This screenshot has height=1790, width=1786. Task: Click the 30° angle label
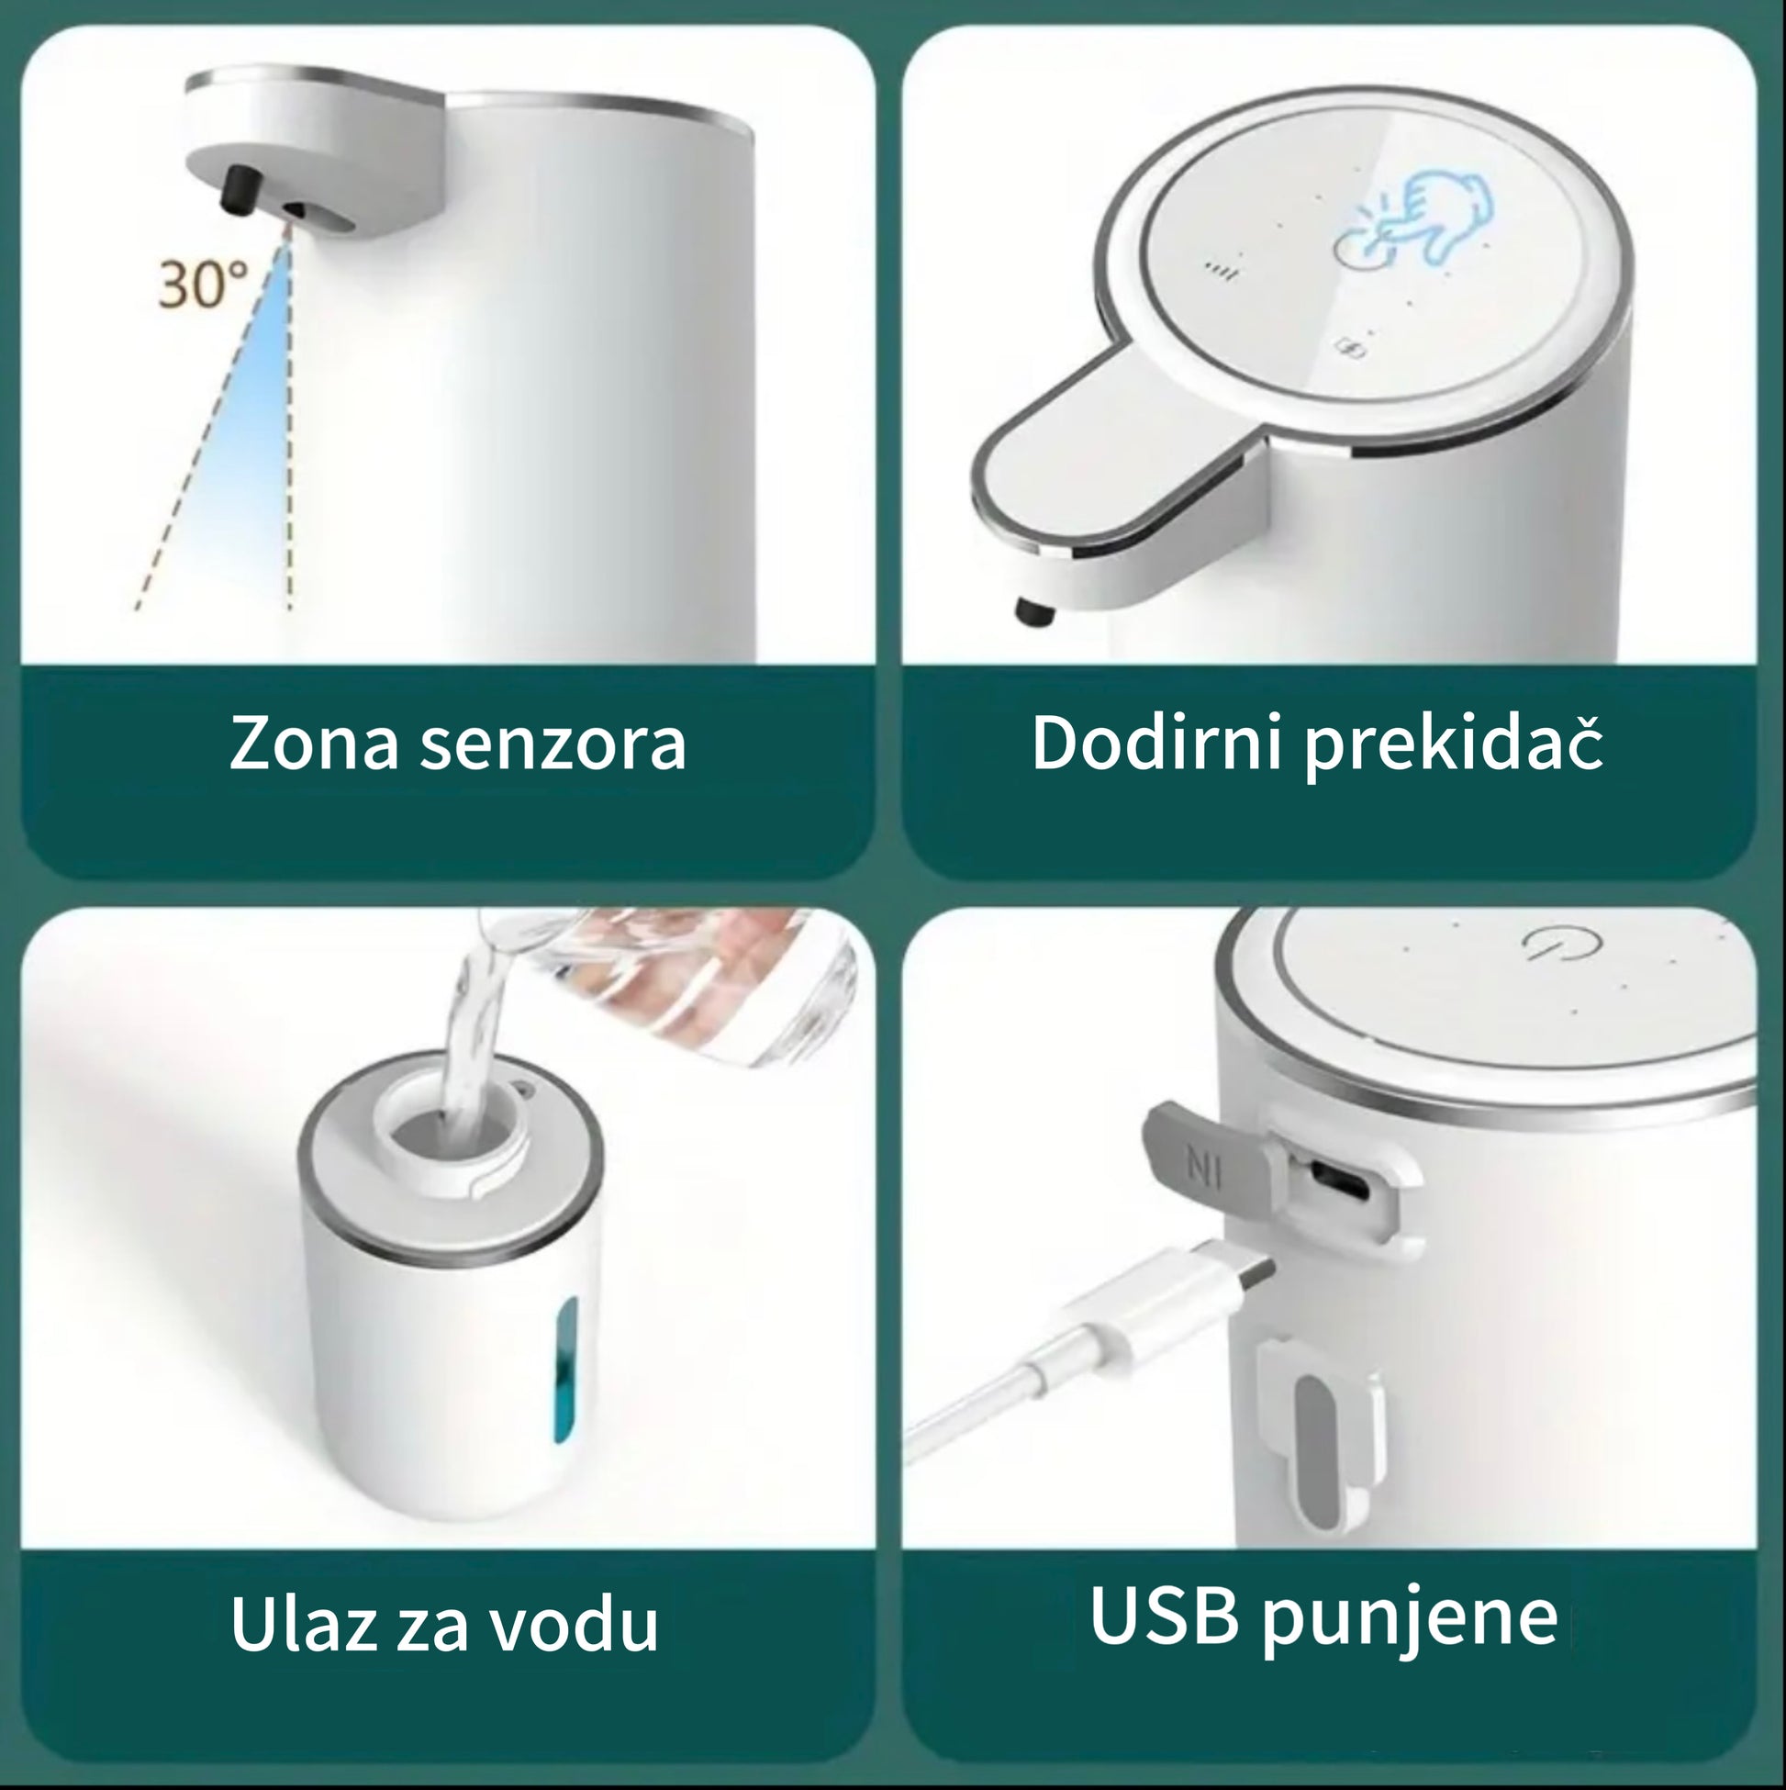pyautogui.click(x=203, y=283)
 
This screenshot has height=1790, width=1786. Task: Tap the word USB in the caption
pyautogui.click(x=1165, y=1615)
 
